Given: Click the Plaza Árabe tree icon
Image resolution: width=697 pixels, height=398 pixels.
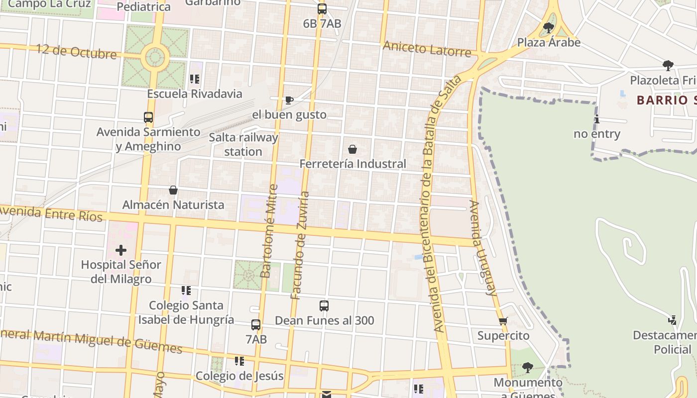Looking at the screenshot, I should pos(549,28).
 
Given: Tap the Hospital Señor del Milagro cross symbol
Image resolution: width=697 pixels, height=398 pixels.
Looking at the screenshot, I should pos(121,250).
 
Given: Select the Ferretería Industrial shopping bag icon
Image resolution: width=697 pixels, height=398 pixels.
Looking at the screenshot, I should pos(352,149).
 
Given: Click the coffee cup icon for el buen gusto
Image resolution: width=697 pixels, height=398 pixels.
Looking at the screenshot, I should pos(289,100).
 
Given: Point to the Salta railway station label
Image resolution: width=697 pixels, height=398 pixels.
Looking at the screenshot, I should pos(243,144).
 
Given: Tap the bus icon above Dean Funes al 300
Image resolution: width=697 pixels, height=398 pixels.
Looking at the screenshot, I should pos(324,306).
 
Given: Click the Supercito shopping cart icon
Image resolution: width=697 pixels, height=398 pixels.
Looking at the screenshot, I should pos(503,321).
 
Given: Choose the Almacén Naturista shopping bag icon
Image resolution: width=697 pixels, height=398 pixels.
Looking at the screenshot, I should pos(173,190).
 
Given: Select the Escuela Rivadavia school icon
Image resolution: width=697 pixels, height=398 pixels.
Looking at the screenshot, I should pos(195,79).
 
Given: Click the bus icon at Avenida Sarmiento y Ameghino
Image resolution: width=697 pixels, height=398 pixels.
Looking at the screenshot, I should pos(148,117).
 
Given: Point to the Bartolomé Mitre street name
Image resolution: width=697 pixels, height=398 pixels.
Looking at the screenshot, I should pos(269,231).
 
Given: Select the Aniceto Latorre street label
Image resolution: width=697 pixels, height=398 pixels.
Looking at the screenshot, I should pos(427,49).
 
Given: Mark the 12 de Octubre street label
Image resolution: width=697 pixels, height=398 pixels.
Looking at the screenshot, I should pos(76,52).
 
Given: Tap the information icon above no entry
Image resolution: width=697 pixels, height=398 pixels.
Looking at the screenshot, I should pos(596,119).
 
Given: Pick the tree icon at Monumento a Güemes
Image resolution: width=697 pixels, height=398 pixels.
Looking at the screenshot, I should pos(528,368).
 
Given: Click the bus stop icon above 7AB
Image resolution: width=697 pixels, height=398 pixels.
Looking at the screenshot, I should pos(256,325).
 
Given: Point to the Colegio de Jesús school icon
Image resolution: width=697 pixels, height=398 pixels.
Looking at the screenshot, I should pos(239,361).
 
